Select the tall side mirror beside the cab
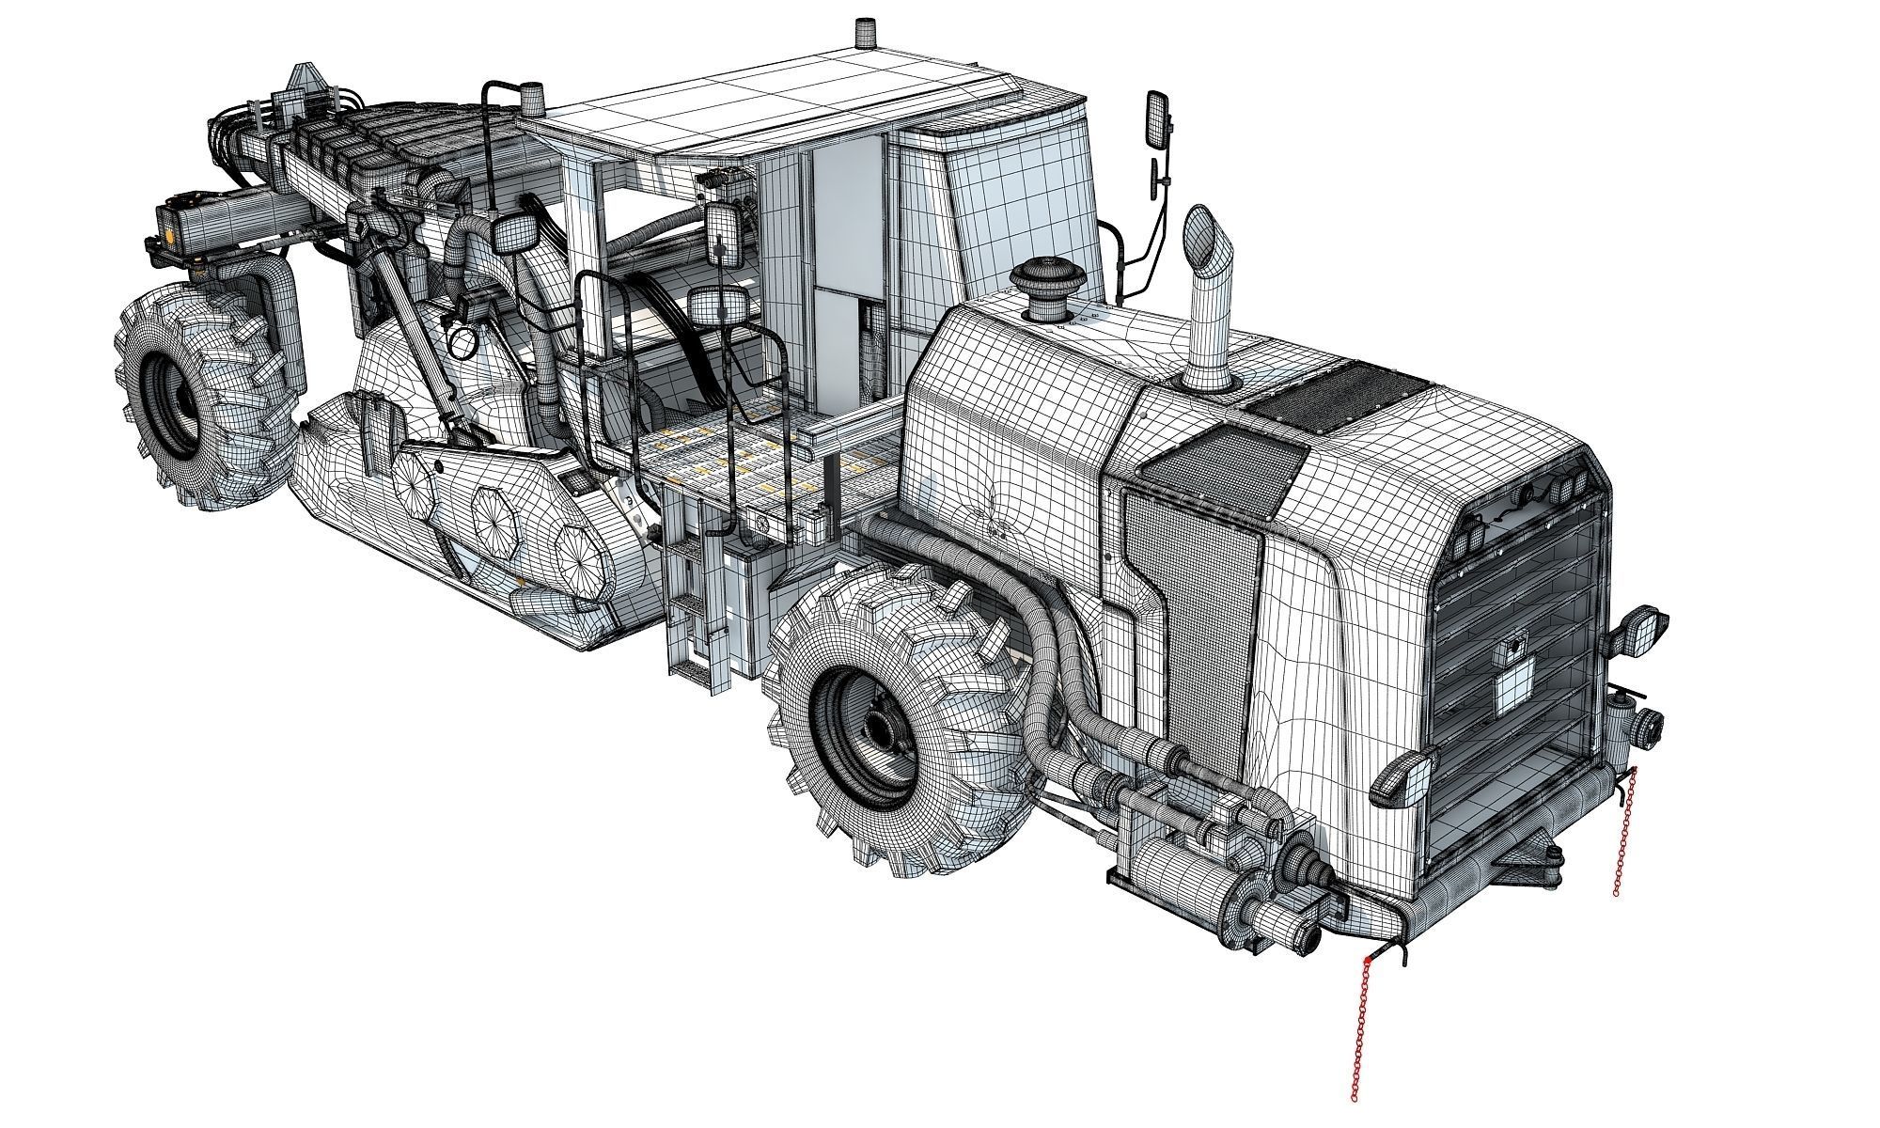tap(1158, 119)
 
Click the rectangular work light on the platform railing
tap(719, 305)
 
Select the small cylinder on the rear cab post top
tap(533, 96)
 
